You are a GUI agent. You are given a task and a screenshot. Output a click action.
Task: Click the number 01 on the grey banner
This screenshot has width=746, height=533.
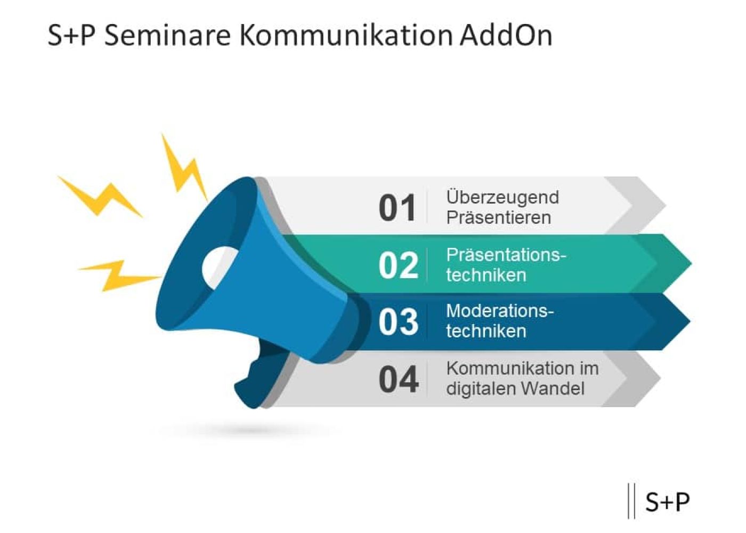coord(397,208)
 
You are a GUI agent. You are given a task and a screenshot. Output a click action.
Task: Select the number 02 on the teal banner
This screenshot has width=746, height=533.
coord(398,265)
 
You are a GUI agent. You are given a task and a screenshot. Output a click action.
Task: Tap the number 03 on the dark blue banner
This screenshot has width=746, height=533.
coord(398,322)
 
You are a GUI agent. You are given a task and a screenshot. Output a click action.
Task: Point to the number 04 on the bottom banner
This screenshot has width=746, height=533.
coord(398,379)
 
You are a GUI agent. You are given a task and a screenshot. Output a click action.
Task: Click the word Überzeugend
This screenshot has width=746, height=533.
coord(502,197)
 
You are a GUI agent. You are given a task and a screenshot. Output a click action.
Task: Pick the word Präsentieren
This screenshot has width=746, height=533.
coord(498,217)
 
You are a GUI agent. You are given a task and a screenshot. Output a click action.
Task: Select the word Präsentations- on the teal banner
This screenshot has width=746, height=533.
coord(506,255)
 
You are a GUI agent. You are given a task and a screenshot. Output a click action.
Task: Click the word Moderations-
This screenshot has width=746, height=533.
coord(500,311)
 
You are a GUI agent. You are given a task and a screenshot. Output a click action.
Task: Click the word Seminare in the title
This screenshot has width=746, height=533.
coord(167,36)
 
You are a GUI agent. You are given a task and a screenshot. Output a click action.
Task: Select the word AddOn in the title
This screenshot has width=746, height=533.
coord(506,36)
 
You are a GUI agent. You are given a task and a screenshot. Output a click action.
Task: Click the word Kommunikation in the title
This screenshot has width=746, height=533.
coord(346,36)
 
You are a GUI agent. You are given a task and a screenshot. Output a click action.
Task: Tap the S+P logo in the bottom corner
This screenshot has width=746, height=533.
coord(667,502)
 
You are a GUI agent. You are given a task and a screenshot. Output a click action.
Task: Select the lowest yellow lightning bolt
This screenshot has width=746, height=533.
coord(120,274)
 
